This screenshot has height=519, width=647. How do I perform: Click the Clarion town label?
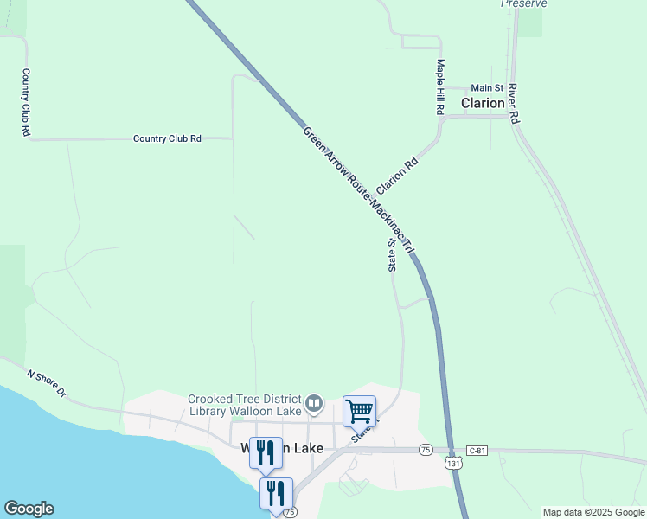[483, 103]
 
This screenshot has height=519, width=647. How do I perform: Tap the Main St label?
[487, 88]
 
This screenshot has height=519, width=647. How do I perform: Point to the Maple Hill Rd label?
[440, 87]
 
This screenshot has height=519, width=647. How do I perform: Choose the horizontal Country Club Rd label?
[167, 138]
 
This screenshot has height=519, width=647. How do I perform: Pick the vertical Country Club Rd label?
[26, 103]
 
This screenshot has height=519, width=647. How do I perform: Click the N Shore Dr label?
[47, 384]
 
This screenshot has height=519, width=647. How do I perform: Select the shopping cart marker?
[359, 411]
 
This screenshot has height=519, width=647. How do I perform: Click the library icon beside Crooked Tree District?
[315, 403]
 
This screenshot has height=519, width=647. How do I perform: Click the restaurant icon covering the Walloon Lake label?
[266, 452]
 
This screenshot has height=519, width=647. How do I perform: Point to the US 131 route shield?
[453, 464]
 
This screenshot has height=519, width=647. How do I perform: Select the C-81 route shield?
[478, 451]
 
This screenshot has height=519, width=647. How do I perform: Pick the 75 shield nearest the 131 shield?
[425, 450]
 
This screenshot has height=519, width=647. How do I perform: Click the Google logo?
[29, 509]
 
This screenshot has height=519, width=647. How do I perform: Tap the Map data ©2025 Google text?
[593, 512]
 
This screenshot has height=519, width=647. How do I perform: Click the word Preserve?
[524, 3]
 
